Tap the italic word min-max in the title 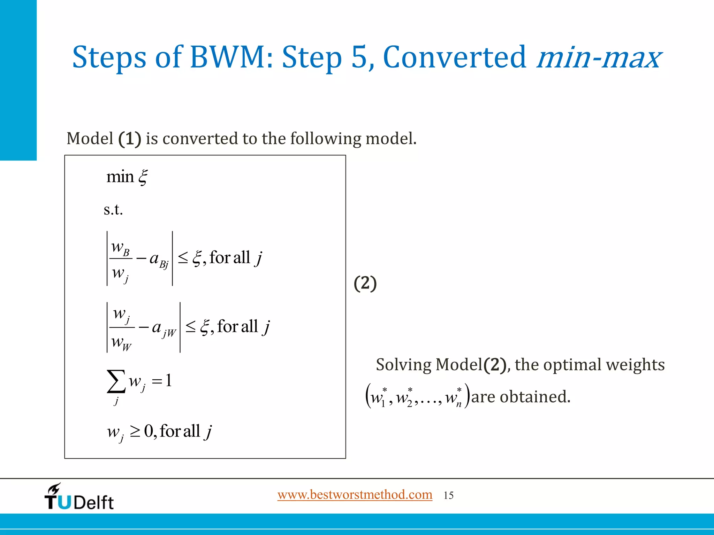click(x=598, y=57)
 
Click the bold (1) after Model click(x=130, y=139)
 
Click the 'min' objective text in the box click(x=120, y=177)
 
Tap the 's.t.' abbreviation click(x=113, y=210)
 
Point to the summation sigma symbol click(x=116, y=381)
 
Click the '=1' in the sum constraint click(x=162, y=380)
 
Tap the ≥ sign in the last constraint click(x=135, y=432)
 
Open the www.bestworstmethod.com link click(x=355, y=495)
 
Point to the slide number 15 click(x=448, y=496)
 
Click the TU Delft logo click(x=79, y=497)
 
